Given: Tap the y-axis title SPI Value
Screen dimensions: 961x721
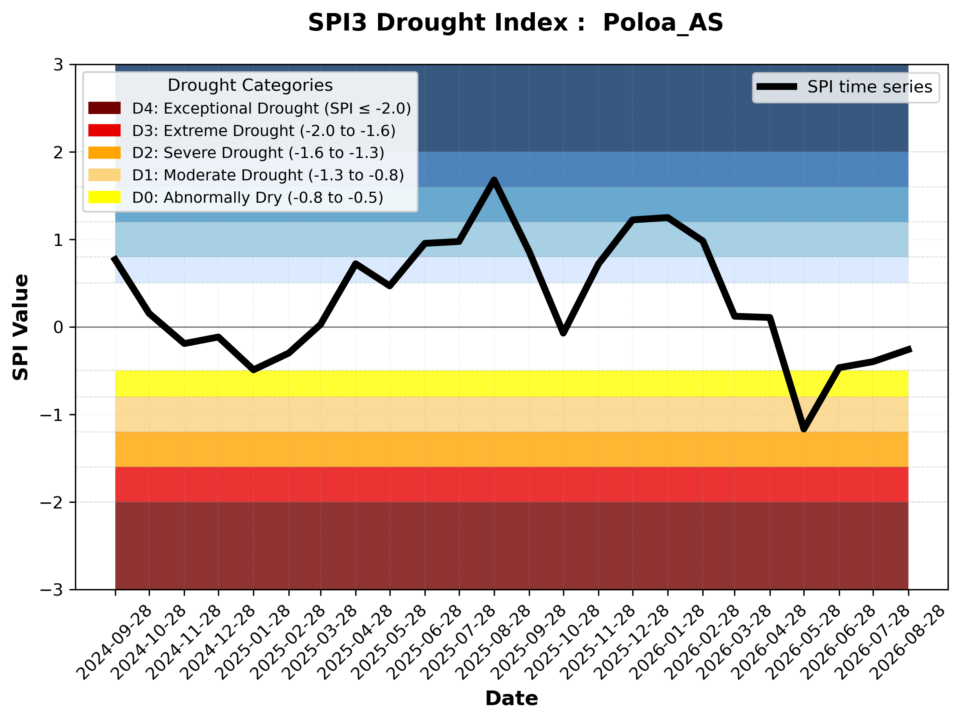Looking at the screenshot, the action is point(20,327).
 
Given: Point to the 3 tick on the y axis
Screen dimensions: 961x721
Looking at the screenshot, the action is point(58,65).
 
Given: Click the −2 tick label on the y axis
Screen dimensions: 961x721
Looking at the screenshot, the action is point(51,502).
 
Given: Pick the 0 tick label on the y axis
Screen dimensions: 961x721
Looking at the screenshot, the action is point(58,327).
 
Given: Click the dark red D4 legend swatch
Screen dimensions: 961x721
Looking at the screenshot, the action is point(104,108).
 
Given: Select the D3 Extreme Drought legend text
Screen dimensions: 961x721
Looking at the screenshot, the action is point(264,131).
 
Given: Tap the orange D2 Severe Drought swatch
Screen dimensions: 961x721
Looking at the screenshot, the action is point(104,153).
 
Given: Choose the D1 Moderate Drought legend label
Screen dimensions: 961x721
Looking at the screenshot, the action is point(268,175).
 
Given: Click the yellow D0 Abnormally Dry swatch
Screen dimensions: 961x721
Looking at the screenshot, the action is point(104,197).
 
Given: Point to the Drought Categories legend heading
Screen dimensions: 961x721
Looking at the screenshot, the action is point(250,85).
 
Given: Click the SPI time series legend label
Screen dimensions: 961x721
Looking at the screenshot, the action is point(870,87).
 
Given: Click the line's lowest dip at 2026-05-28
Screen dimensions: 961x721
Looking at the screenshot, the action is point(804,429).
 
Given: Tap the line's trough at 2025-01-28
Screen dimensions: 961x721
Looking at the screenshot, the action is point(254,370).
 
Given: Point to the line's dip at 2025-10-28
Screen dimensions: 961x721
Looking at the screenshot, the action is point(563,333).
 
